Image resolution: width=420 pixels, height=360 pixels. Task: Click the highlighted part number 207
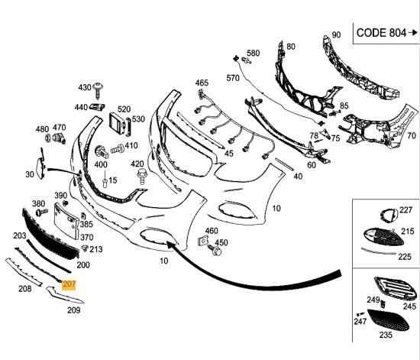pos(69,284)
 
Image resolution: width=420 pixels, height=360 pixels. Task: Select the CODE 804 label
pos(381,33)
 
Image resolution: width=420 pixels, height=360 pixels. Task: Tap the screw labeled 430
pos(98,90)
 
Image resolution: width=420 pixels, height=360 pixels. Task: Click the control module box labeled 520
pos(118,124)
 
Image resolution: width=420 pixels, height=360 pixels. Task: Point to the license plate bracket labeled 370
pos(66,220)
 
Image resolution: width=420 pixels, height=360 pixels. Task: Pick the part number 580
pos(253,53)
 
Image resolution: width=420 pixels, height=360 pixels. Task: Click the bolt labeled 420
pos(141,176)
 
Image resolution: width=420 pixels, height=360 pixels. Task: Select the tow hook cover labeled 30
pos(40,164)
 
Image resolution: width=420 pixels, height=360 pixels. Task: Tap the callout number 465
pos(202,83)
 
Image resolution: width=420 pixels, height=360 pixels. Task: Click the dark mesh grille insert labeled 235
pos(388,320)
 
